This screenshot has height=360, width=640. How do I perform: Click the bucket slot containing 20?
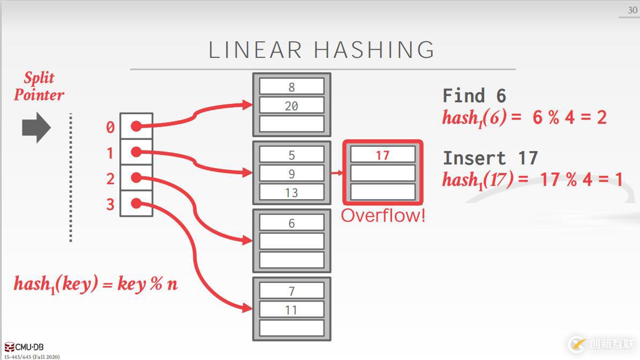pyautogui.click(x=291, y=106)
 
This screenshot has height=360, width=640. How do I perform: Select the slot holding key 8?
pyautogui.click(x=291, y=87)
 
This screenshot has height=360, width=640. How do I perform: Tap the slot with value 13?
pyautogui.click(x=291, y=192)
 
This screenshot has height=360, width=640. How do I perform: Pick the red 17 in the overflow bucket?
pyautogui.click(x=382, y=155)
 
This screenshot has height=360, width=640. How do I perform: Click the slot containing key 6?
pyautogui.click(x=291, y=223)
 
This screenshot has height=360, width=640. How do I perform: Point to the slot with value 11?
pyautogui.click(x=291, y=310)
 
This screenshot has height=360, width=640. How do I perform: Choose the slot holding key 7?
pyautogui.click(x=291, y=291)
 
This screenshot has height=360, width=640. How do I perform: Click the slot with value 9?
pyautogui.click(x=291, y=174)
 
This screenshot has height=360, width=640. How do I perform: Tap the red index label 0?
pyautogui.click(x=110, y=127)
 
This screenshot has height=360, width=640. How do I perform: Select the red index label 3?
pyautogui.click(x=110, y=205)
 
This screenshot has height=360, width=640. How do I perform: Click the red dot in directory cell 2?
pyautogui.click(x=136, y=177)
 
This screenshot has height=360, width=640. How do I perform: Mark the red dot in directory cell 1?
pyautogui.click(x=136, y=152)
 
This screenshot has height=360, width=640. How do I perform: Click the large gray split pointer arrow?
pyautogui.click(x=36, y=128)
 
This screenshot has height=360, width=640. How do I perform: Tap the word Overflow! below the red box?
pyautogui.click(x=383, y=216)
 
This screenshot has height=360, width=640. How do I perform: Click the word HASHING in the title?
pyautogui.click(x=374, y=50)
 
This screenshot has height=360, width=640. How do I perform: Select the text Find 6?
pyautogui.click(x=474, y=96)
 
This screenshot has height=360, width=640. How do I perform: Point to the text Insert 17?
pyautogui.click(x=490, y=158)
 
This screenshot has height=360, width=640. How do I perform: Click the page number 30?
pyautogui.click(x=632, y=10)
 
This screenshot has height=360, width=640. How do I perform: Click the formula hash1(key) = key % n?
pyautogui.click(x=95, y=284)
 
